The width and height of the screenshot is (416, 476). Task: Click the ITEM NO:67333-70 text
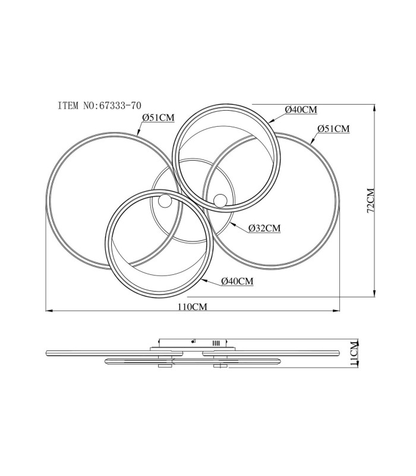click(99, 106)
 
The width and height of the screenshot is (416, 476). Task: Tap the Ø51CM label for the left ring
click(159, 117)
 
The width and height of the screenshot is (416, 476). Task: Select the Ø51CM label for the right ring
click(333, 129)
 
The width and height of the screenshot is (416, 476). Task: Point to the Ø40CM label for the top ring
click(301, 109)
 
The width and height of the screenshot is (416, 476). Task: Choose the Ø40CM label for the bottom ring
click(237, 281)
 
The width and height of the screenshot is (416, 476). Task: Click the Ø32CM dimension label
click(264, 228)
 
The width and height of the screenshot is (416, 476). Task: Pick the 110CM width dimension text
click(193, 307)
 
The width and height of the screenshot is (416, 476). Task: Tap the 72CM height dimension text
click(371, 201)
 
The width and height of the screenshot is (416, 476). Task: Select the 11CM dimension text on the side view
click(354, 354)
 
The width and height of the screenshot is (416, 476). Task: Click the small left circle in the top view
click(165, 202)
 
